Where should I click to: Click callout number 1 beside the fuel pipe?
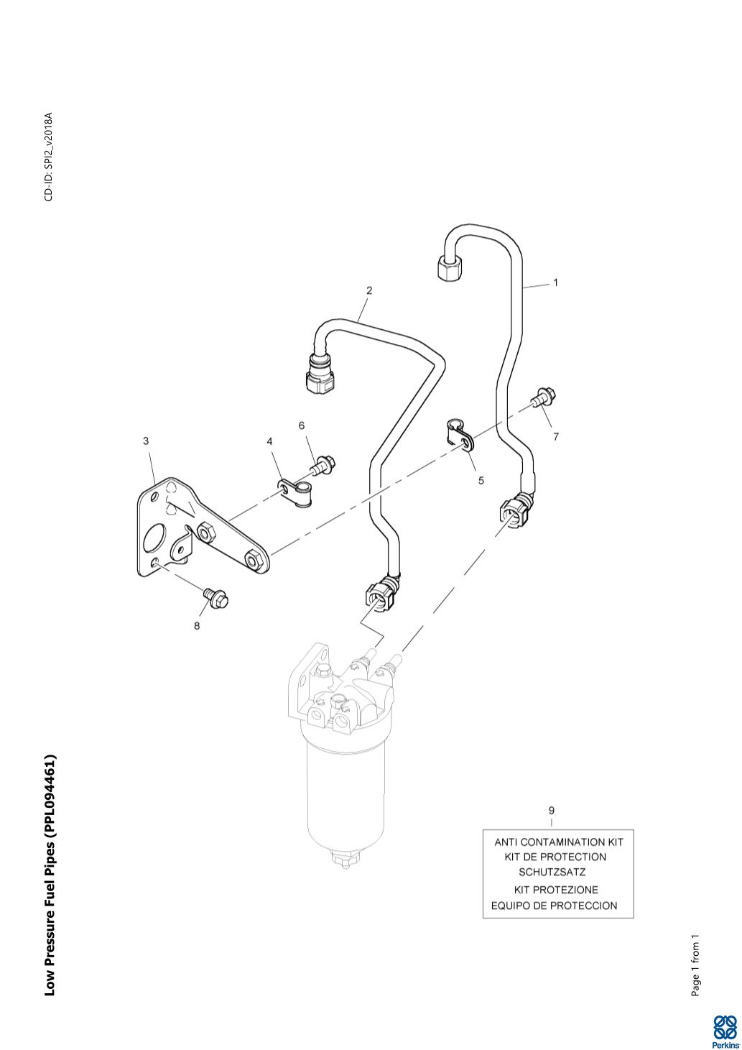pos(555,283)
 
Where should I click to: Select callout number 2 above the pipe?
pos(369,291)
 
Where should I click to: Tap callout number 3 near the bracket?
pos(146,441)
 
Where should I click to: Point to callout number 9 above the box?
pos(551,810)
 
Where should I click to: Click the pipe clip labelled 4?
pos(295,492)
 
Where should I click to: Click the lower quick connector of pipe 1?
pos(514,512)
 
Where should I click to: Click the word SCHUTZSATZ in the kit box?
pos(552,872)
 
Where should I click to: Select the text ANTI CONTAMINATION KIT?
pos(559,842)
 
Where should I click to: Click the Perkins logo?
pos(725,1030)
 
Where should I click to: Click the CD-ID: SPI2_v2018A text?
pos(49,157)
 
